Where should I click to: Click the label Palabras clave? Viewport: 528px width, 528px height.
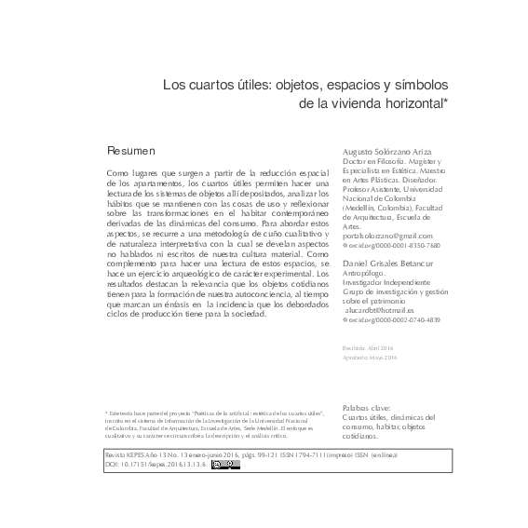click(365, 407)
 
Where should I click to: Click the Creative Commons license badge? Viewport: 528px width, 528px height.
click(225, 464)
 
